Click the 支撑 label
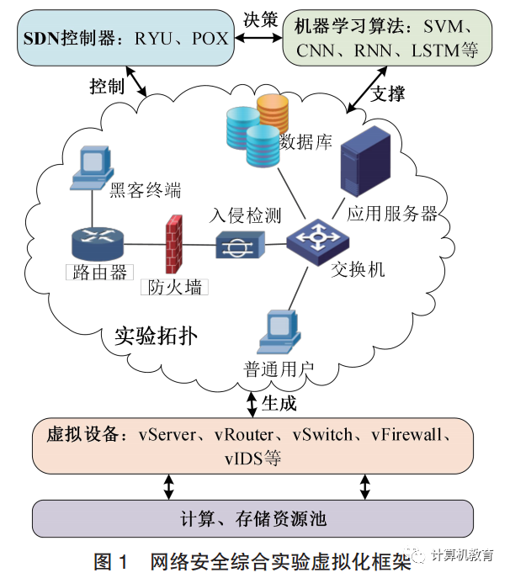pyautogui.click(x=388, y=93)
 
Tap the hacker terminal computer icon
pyautogui.click(x=90, y=168)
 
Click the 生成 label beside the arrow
pyautogui.click(x=279, y=404)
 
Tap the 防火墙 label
pyautogui.click(x=175, y=288)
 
